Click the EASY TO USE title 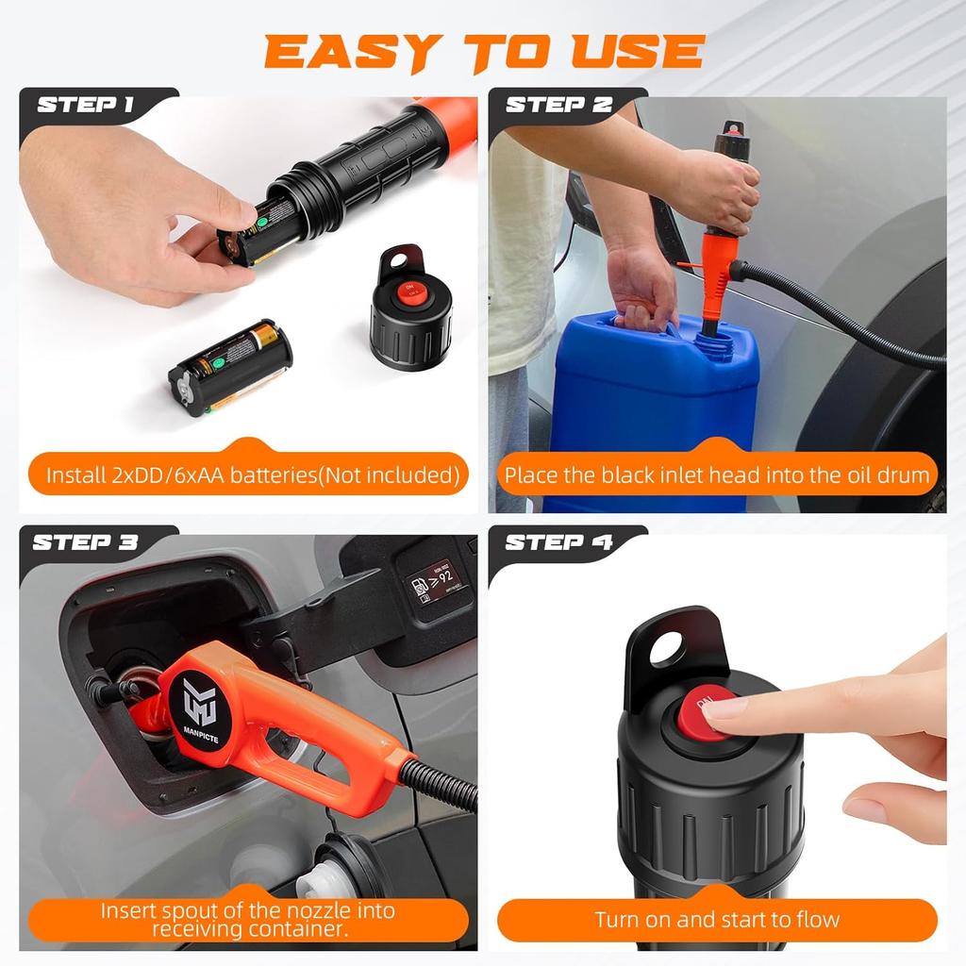pos(483,52)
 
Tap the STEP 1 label pos(85,105)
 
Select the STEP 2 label pos(558,105)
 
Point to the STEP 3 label pos(85,542)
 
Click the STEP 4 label pos(558,542)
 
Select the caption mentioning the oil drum pos(717,475)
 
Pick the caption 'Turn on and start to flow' pos(717,920)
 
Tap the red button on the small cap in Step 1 pos(410,293)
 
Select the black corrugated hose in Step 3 pos(439,783)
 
